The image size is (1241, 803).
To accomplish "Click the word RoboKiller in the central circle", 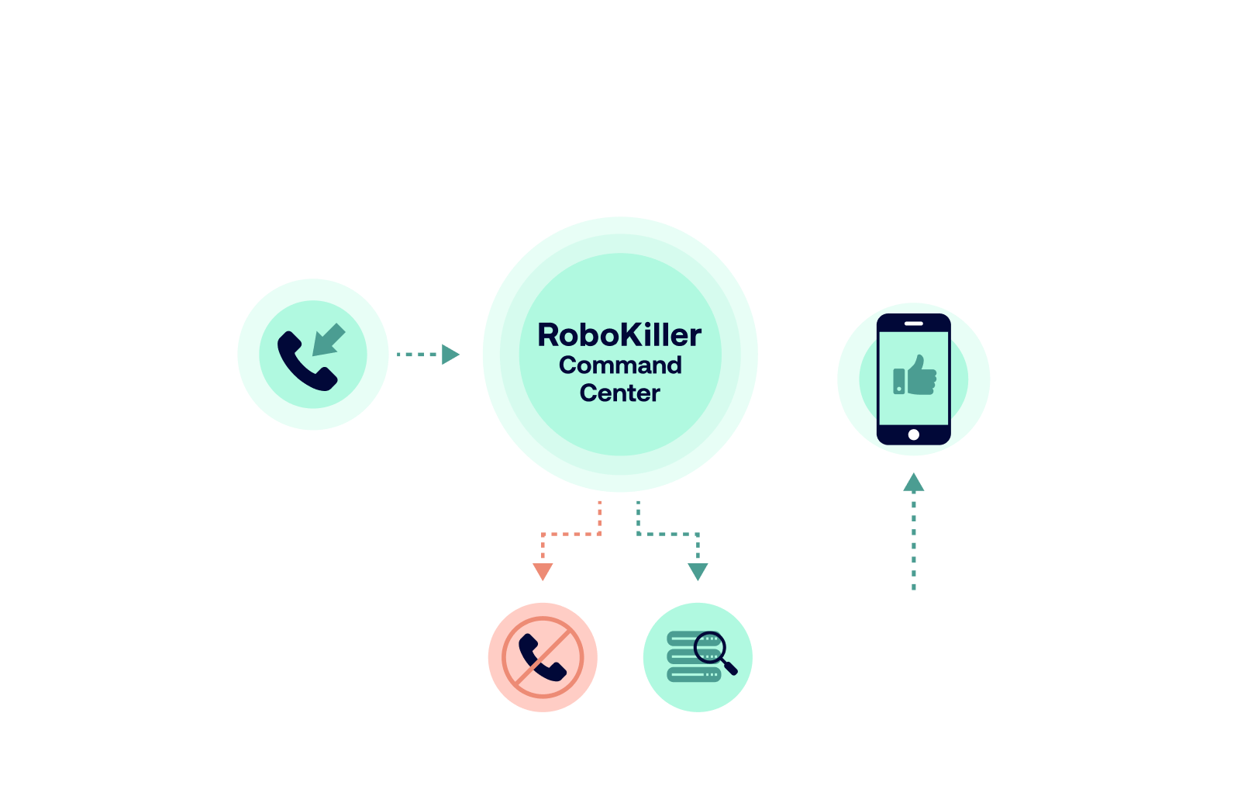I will [619, 335].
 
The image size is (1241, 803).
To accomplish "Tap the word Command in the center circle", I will [620, 365].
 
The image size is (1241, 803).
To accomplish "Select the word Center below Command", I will [619, 393].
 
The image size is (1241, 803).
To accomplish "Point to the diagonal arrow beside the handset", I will [329, 340].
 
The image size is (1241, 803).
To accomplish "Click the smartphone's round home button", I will [914, 434].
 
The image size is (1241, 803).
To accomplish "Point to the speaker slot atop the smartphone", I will [914, 323].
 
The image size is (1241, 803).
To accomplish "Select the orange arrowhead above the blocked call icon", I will [543, 572].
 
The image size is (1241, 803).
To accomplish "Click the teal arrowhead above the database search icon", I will [698, 572].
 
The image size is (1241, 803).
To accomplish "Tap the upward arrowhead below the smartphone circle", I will [914, 483].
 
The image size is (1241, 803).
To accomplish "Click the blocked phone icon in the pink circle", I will [543, 657].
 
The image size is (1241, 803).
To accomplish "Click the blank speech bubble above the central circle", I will [612, 114].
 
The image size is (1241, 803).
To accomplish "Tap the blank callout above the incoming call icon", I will [312, 216].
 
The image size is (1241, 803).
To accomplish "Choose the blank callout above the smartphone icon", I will [914, 235].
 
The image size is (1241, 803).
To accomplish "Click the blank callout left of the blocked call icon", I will [317, 655].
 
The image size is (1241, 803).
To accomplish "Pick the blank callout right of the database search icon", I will [930, 655].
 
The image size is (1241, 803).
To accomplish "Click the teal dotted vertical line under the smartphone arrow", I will [914, 543].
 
